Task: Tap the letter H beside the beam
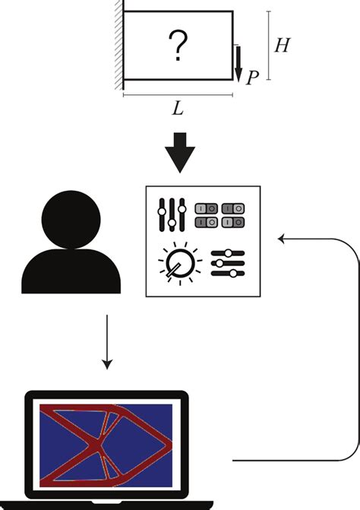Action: [x=281, y=46]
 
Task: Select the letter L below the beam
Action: [x=177, y=109]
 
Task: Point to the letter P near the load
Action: [x=254, y=78]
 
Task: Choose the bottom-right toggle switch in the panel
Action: [x=232, y=222]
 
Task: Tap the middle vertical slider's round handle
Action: [x=172, y=222]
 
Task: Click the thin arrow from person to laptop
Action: [x=107, y=343]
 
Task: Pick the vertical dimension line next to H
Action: [x=270, y=46]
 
